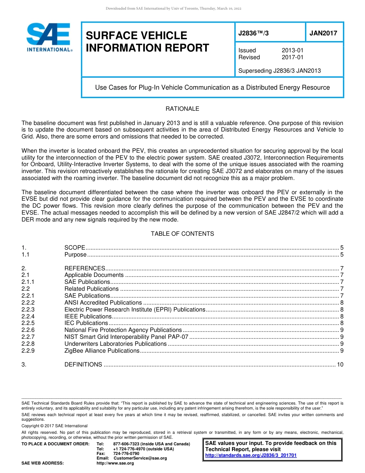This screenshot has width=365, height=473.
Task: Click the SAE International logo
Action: coord(49,37)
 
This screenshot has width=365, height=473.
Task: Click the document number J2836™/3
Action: coord(254,33)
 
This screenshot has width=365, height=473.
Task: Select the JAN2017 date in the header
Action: coord(323,33)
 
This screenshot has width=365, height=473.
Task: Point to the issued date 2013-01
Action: coord(292,50)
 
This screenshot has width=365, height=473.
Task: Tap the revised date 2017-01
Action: coord(292,57)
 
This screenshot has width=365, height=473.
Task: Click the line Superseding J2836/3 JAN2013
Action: coord(279,71)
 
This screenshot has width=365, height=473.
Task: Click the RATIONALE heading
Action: coord(182,109)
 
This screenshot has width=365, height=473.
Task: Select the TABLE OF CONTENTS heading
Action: coord(182,233)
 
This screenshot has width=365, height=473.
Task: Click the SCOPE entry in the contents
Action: coord(75,248)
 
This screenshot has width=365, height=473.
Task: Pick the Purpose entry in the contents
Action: coord(75,255)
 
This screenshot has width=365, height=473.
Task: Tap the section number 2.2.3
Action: coord(28,310)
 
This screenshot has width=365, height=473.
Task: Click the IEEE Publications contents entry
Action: coord(88,316)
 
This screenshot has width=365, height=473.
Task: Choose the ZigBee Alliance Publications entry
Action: coord(102,351)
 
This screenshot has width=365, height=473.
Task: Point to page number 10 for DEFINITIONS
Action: coord(340,365)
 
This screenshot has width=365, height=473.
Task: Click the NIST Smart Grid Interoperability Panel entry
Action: coord(126,337)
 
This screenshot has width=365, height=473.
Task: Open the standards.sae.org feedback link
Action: coord(251,455)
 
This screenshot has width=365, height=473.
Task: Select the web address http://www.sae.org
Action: coord(115,463)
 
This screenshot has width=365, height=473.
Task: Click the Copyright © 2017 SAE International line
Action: coord(55,426)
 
